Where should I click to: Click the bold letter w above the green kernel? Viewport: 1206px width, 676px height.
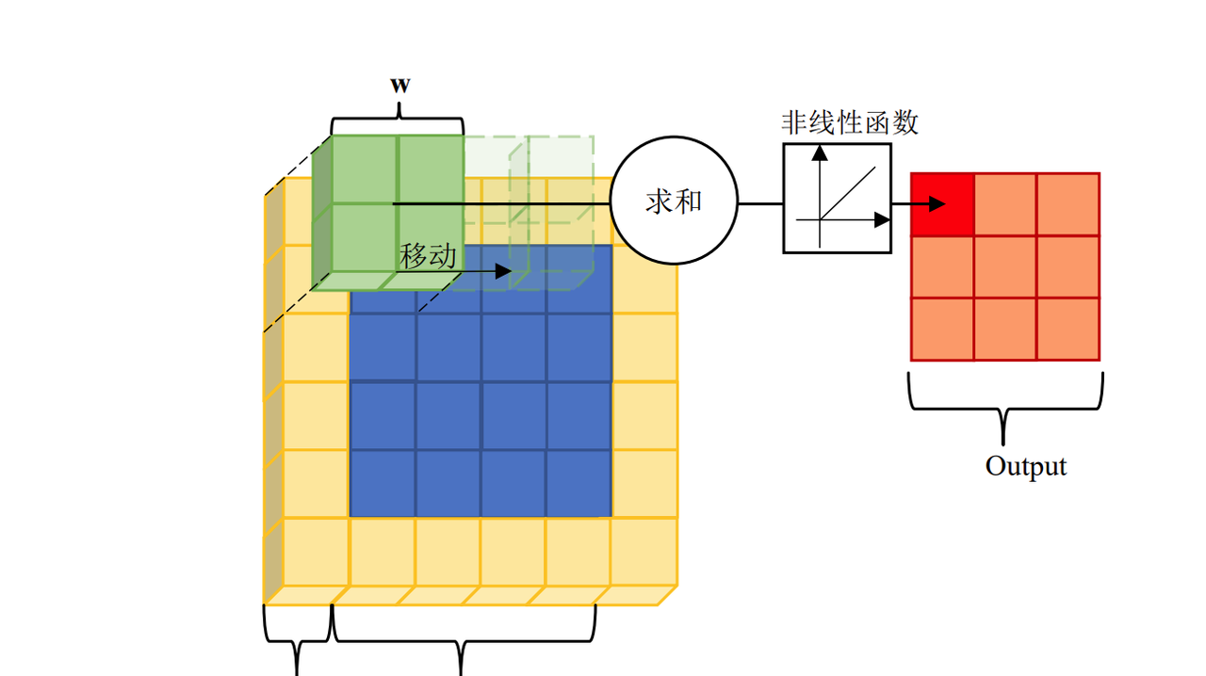[400, 84]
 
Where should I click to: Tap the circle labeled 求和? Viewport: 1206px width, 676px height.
[674, 201]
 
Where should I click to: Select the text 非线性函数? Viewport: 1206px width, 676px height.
[849, 122]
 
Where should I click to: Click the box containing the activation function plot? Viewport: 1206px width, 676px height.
[837, 199]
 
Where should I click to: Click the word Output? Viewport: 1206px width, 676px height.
[1025, 466]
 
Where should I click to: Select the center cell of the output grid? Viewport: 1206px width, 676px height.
[1005, 266]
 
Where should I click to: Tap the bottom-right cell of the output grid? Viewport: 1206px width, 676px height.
[1067, 329]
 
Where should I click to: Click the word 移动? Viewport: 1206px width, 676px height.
[429, 256]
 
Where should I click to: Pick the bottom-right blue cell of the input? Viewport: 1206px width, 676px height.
[579, 483]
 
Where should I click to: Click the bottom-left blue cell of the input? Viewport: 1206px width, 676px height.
[383, 483]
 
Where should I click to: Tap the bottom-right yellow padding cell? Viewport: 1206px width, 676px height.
[644, 551]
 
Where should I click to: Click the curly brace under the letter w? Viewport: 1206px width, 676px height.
[398, 119]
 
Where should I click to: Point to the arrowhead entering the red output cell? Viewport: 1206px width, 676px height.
[936, 204]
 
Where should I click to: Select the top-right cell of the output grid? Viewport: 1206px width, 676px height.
[1067, 204]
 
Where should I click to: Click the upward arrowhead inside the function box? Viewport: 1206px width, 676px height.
[819, 151]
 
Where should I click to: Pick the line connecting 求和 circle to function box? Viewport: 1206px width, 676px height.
[760, 202]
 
